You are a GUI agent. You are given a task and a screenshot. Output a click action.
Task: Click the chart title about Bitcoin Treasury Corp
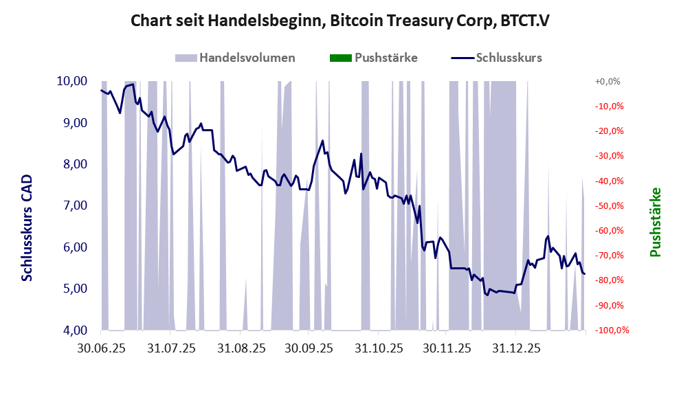pyautogui.click(x=340, y=21)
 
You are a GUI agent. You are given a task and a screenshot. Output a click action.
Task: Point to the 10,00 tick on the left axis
pyautogui.click(x=71, y=81)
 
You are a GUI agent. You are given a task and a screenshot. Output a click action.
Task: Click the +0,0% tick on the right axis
pyautogui.click(x=607, y=81)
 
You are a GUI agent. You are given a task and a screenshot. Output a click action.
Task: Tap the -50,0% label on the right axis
pyautogui.click(x=607, y=205)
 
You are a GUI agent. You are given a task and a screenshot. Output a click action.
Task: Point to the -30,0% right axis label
pyautogui.click(x=607, y=156)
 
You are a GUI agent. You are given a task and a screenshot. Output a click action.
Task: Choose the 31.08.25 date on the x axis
pyautogui.click(x=241, y=349)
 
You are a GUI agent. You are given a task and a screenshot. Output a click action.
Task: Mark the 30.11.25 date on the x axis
pyautogui.click(x=447, y=349)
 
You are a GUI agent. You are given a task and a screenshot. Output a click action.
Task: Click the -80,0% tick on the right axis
pyautogui.click(x=607, y=280)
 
